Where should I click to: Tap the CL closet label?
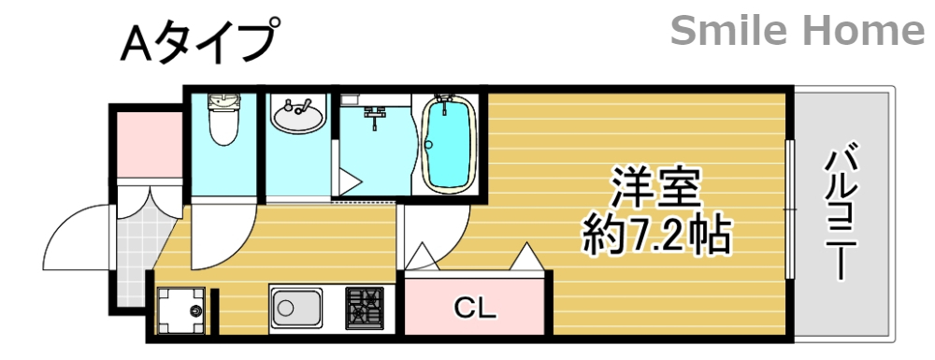coord(475,306)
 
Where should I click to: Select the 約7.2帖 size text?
coord(655,236)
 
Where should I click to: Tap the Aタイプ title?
coord(199,43)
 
